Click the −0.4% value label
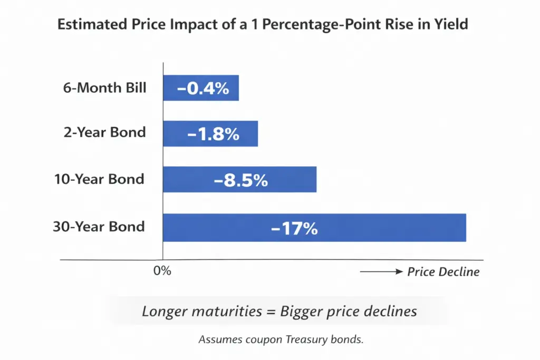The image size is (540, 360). (x=204, y=88)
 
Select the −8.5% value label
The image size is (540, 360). (x=240, y=180)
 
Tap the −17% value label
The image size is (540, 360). (x=294, y=228)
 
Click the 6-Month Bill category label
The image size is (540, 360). (x=105, y=88)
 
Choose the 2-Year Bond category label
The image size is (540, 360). (x=105, y=132)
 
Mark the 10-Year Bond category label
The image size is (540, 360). (x=99, y=179)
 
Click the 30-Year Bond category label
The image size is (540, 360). (x=99, y=227)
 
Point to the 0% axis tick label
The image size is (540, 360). (x=162, y=271)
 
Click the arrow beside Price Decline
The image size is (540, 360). (x=381, y=272)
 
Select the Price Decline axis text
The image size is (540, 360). (x=443, y=272)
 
